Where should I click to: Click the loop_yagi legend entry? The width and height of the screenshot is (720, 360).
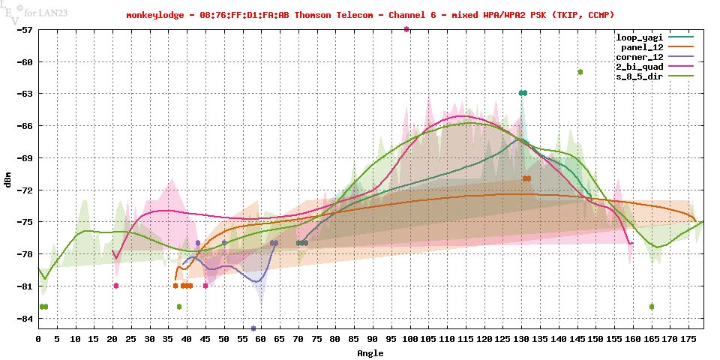click(x=639, y=37)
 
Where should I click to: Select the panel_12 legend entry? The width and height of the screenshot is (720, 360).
click(x=642, y=46)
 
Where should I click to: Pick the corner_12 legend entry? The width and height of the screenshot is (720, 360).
click(x=639, y=56)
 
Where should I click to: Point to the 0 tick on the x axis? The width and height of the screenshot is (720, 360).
click(x=38, y=339)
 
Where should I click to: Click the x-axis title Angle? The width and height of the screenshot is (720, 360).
click(x=370, y=352)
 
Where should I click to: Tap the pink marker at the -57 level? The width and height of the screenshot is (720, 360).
click(x=406, y=29)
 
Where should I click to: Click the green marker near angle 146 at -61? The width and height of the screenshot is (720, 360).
click(x=580, y=72)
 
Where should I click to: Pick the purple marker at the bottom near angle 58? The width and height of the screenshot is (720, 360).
click(x=253, y=328)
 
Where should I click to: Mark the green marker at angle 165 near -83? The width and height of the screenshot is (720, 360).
click(x=652, y=307)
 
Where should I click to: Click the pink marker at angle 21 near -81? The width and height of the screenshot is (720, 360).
click(x=116, y=286)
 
